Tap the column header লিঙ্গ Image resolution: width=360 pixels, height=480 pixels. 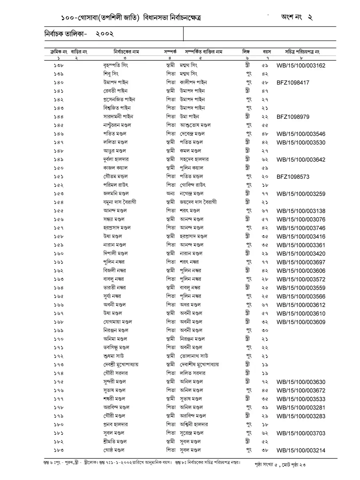[x=246, y=52]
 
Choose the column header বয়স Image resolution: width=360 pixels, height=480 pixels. [x=267, y=52]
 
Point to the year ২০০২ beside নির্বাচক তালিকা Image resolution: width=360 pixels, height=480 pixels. [x=105, y=34]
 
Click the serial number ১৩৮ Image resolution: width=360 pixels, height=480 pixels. [x=58, y=66]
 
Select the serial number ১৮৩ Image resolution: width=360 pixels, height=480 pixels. [x=58, y=450]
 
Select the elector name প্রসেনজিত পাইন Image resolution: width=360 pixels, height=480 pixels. [x=119, y=100]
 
